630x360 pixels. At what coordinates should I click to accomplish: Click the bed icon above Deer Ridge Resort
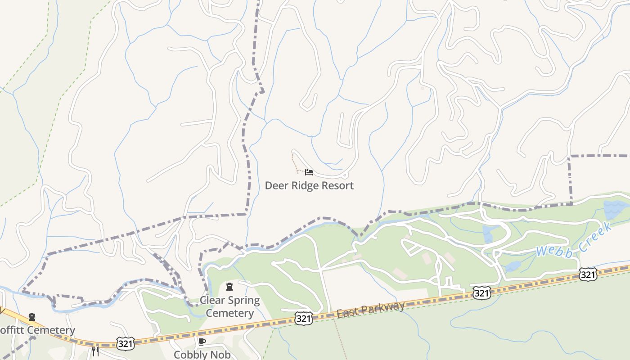309,172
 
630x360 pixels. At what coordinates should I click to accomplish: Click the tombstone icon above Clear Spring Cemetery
229,287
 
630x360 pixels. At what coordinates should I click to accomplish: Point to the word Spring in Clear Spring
244,301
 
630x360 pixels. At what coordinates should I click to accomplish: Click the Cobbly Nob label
202,355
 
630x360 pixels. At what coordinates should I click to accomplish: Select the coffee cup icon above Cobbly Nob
202,342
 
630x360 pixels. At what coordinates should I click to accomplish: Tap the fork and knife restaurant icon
95,351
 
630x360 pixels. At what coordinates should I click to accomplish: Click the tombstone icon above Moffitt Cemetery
31,317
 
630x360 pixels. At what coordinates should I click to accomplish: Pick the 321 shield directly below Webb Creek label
588,274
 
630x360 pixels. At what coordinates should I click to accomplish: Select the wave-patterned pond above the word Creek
616,210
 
